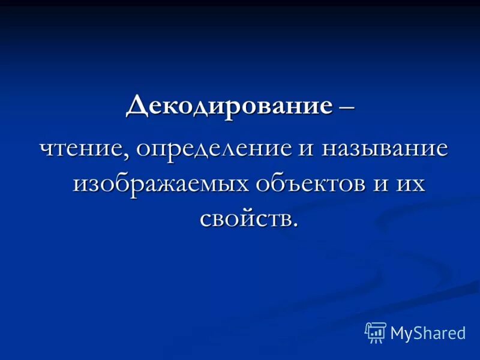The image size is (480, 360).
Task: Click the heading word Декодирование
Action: pyautogui.click(x=229, y=106)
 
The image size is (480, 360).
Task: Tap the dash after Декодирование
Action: pyautogui.click(x=346, y=107)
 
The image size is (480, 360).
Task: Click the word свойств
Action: pyautogui.click(x=245, y=217)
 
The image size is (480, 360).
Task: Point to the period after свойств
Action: pyautogui.click(x=295, y=224)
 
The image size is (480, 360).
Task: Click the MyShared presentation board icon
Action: pyautogui.click(x=376, y=332)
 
